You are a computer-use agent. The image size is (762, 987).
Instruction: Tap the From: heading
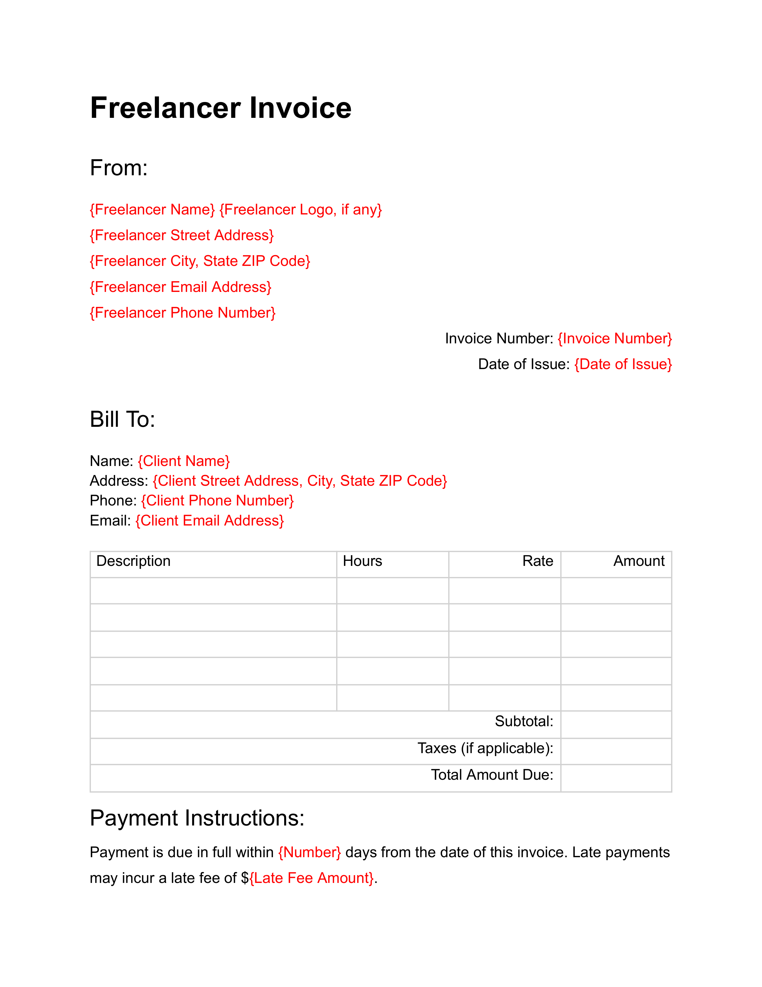119,168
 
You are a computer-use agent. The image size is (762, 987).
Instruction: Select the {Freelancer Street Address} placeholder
181,235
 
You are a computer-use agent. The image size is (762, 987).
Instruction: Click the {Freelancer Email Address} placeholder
180,287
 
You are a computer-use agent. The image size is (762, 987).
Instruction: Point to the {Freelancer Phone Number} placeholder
182,313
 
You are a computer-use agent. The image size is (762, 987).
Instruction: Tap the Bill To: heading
122,419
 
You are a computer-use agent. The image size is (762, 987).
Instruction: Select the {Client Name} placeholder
184,461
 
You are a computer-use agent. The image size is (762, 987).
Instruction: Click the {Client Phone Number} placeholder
218,501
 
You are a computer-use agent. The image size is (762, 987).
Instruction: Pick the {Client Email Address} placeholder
209,521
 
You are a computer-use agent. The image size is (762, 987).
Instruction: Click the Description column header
133,561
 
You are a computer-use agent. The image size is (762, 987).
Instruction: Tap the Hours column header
362,561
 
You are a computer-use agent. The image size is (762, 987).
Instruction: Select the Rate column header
537,561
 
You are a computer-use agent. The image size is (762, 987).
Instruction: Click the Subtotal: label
524,721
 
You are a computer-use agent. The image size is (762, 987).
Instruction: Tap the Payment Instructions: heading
197,818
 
